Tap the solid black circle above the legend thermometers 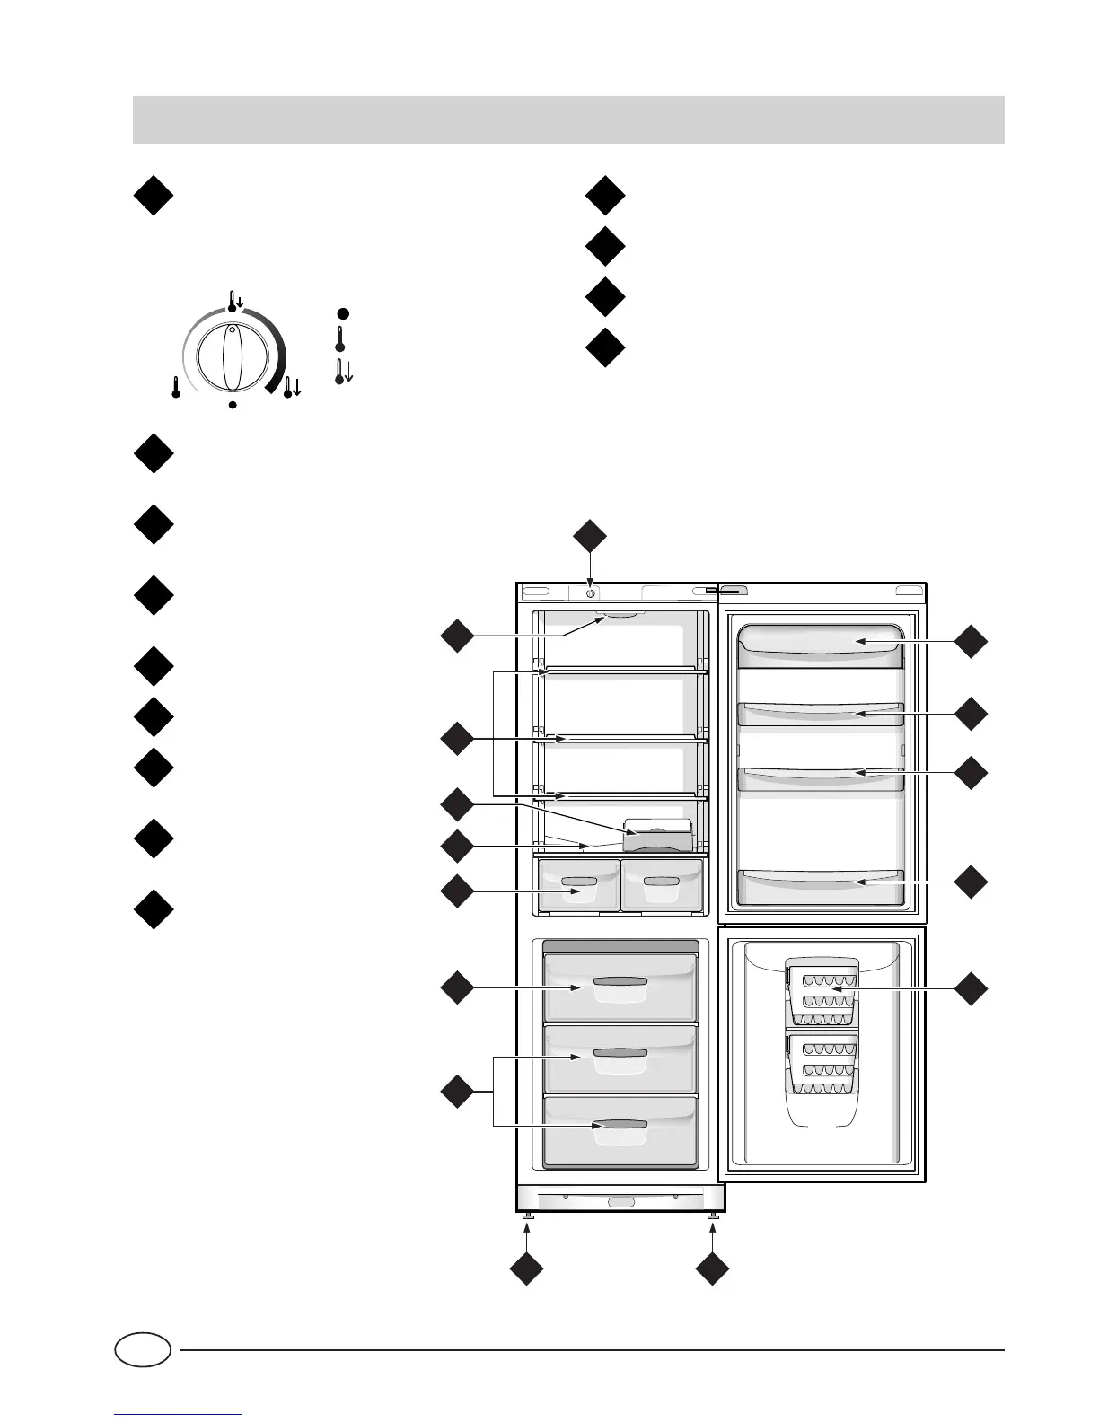pos(342,312)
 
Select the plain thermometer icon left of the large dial pos(176,388)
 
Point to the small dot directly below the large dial pos(233,406)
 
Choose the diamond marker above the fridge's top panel pos(590,536)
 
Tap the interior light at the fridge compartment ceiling pos(620,616)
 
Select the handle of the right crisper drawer pos(661,882)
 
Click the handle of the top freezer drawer pos(620,982)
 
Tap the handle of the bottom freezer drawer pos(620,1124)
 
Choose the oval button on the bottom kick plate pos(620,1202)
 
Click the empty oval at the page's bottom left pos(143,1349)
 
